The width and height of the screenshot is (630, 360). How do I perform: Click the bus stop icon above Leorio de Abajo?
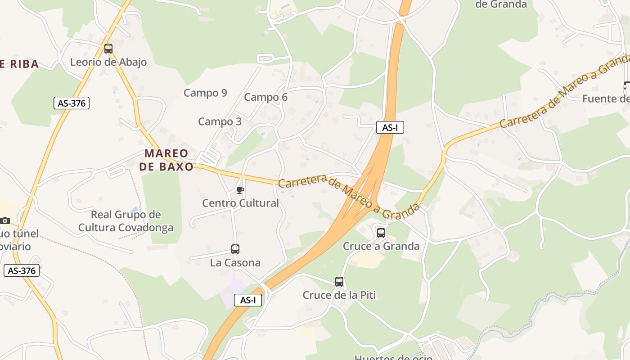[x=108, y=49]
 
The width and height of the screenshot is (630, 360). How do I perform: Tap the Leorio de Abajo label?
[x=108, y=62]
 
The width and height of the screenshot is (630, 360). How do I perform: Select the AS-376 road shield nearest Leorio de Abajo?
[x=72, y=103]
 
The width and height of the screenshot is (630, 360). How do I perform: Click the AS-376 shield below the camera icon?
[x=22, y=271]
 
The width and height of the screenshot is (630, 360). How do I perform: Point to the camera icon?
[x=5, y=220]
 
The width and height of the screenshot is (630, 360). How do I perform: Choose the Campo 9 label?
[x=205, y=93]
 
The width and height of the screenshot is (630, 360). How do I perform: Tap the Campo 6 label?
[x=265, y=97]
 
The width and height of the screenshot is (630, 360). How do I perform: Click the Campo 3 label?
[x=220, y=121]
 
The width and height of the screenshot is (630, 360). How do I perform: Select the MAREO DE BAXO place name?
[x=166, y=160]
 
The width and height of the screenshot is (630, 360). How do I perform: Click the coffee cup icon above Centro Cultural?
[x=240, y=190]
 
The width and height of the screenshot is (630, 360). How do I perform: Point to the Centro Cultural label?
[x=240, y=203]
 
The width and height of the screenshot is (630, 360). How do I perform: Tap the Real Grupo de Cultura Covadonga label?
[x=126, y=221]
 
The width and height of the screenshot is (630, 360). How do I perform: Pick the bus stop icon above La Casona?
[x=235, y=249]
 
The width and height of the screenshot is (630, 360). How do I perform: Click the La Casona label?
[x=235, y=263]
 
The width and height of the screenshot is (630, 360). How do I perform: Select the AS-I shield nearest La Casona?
[x=248, y=300]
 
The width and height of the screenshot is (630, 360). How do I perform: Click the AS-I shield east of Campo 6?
[x=390, y=128]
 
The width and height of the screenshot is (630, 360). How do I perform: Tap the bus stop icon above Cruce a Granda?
[x=381, y=233]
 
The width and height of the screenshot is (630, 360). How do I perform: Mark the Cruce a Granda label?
[x=381, y=246]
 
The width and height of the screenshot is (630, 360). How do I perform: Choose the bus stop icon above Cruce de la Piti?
[x=339, y=282]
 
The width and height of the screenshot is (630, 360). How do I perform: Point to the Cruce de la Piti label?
[x=339, y=295]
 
